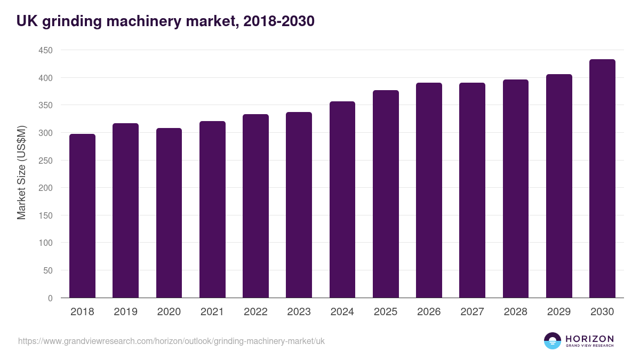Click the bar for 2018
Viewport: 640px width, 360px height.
[x=82, y=216]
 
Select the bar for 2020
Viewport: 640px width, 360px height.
[x=169, y=213]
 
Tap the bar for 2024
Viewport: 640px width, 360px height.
[x=342, y=200]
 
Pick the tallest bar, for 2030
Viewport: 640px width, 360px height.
[x=602, y=179]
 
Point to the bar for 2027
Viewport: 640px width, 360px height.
[x=472, y=190]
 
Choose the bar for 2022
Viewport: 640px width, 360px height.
[x=255, y=206]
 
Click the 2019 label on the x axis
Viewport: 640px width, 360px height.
[x=126, y=312]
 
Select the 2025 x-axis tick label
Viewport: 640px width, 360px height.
[x=386, y=312]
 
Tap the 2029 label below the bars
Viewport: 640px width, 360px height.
[x=559, y=312]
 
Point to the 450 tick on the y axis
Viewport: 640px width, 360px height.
[x=46, y=50]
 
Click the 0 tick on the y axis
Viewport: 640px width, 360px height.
[x=50, y=298]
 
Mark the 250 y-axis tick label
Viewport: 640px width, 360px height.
[x=46, y=161]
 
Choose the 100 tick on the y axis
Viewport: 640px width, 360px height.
[x=46, y=243]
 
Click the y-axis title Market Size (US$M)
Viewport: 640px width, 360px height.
[x=21, y=173]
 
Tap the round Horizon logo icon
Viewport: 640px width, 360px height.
[x=553, y=341]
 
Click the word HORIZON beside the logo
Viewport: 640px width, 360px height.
[x=589, y=339]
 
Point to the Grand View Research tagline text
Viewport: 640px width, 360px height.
[x=589, y=346]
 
